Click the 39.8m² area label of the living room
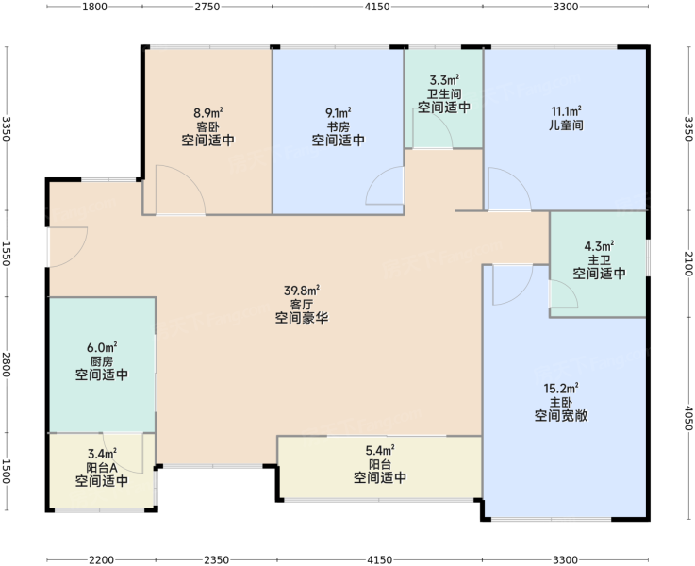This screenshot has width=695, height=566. point(302,291)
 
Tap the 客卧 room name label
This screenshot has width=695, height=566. point(207,126)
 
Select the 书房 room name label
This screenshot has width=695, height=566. point(339,126)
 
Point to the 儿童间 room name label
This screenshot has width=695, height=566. point(566,125)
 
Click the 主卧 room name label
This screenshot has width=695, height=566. point(561,403)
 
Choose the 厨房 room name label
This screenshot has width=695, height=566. point(102,361)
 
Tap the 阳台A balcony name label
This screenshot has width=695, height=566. point(102,468)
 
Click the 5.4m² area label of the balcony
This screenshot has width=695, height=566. point(380,451)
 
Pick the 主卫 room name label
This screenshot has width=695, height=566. point(599,259)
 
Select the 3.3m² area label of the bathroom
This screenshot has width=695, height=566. point(444,80)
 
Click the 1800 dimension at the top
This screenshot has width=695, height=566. point(95,7)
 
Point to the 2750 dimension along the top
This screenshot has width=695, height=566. point(207,7)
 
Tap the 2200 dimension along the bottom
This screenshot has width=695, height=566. point(102,559)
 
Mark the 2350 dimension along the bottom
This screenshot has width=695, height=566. point(217,559)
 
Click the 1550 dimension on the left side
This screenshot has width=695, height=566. point(7,254)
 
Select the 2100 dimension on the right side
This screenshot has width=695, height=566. point(687,264)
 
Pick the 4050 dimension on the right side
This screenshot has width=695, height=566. point(687,418)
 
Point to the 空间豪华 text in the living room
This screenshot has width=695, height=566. point(302,318)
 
